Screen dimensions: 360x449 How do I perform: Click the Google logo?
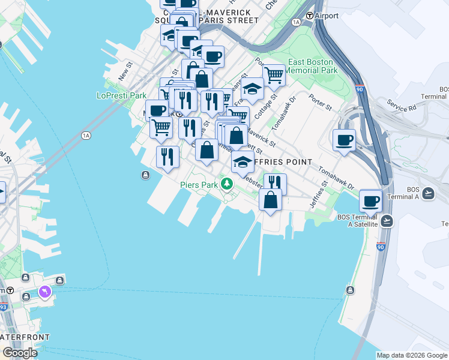(x=20, y=353)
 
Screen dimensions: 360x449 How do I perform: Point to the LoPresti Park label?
(x=122, y=95)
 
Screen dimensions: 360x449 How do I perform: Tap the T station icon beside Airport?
(x=310, y=16)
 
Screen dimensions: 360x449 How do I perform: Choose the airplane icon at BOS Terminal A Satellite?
(x=387, y=220)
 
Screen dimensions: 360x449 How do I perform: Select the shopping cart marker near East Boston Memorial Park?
(x=274, y=75)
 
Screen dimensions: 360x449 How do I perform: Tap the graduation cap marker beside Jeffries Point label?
(x=243, y=161)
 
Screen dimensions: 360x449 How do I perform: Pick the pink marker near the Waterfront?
(x=44, y=292)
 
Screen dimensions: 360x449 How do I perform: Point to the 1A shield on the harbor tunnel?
(x=86, y=136)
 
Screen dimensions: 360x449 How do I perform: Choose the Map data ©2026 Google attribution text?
(x=411, y=355)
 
